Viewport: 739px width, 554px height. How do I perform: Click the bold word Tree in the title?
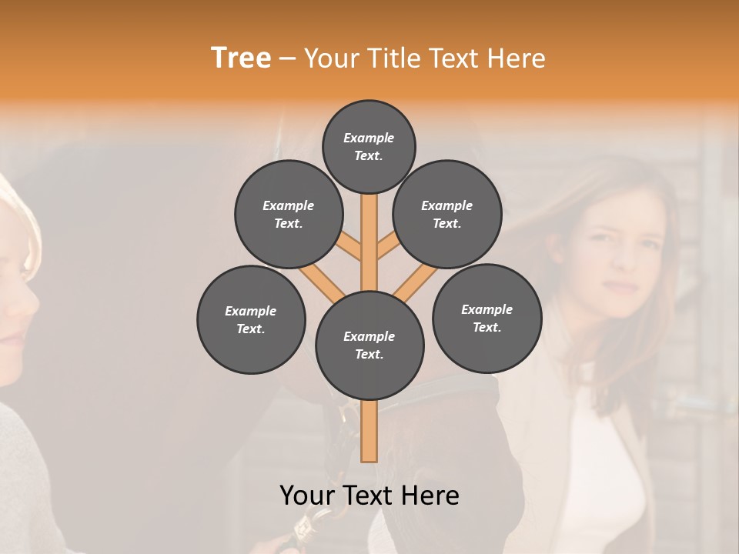coord(241,58)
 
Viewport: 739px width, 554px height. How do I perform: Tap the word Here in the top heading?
coord(516,58)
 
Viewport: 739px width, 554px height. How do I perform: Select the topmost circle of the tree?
coord(369,146)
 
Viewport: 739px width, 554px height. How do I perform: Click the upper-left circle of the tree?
coord(289,214)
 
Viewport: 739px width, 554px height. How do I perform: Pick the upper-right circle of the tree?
coord(447,214)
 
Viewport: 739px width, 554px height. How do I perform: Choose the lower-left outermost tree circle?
coord(251,319)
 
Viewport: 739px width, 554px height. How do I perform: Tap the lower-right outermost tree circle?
coord(487,318)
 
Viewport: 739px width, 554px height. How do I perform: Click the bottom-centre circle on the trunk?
coord(369,345)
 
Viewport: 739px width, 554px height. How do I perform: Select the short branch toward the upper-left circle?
coord(348,248)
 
